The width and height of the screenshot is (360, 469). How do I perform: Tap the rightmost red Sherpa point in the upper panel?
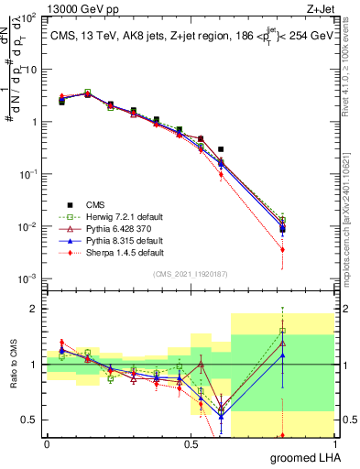[x=283, y=249]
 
